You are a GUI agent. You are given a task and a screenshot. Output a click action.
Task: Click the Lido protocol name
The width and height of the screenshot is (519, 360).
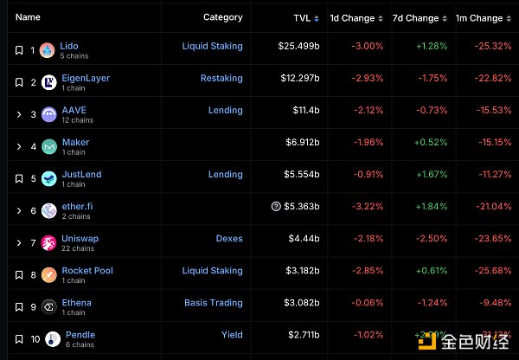click(x=69, y=46)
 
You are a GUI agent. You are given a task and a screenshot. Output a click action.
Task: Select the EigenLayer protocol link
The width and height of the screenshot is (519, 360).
click(x=86, y=78)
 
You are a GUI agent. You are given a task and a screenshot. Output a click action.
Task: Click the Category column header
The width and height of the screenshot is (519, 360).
click(x=222, y=17)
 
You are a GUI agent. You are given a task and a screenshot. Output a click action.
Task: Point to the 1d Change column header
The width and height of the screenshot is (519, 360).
click(x=352, y=17)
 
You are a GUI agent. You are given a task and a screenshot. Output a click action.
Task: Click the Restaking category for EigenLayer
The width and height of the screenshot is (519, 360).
click(x=221, y=78)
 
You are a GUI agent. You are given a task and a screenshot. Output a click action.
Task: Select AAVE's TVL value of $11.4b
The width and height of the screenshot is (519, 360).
click(x=304, y=111)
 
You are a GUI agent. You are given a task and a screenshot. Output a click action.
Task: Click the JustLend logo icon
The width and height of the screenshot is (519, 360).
click(x=48, y=179)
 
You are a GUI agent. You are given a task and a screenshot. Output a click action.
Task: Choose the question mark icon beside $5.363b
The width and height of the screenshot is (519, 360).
click(x=276, y=207)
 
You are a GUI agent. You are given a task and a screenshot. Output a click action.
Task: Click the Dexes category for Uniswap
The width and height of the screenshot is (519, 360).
click(x=229, y=239)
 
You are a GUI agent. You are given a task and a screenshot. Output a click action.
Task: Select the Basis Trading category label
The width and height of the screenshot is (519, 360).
click(x=213, y=303)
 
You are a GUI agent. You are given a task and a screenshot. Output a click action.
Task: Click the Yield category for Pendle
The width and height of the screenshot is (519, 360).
click(x=232, y=335)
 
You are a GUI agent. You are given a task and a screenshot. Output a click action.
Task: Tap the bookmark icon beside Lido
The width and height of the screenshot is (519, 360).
click(x=18, y=50)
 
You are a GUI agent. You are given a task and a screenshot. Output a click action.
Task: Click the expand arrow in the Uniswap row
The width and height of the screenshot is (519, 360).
click(x=18, y=243)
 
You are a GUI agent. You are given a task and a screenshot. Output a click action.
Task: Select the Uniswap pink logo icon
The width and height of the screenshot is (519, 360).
click(x=48, y=243)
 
